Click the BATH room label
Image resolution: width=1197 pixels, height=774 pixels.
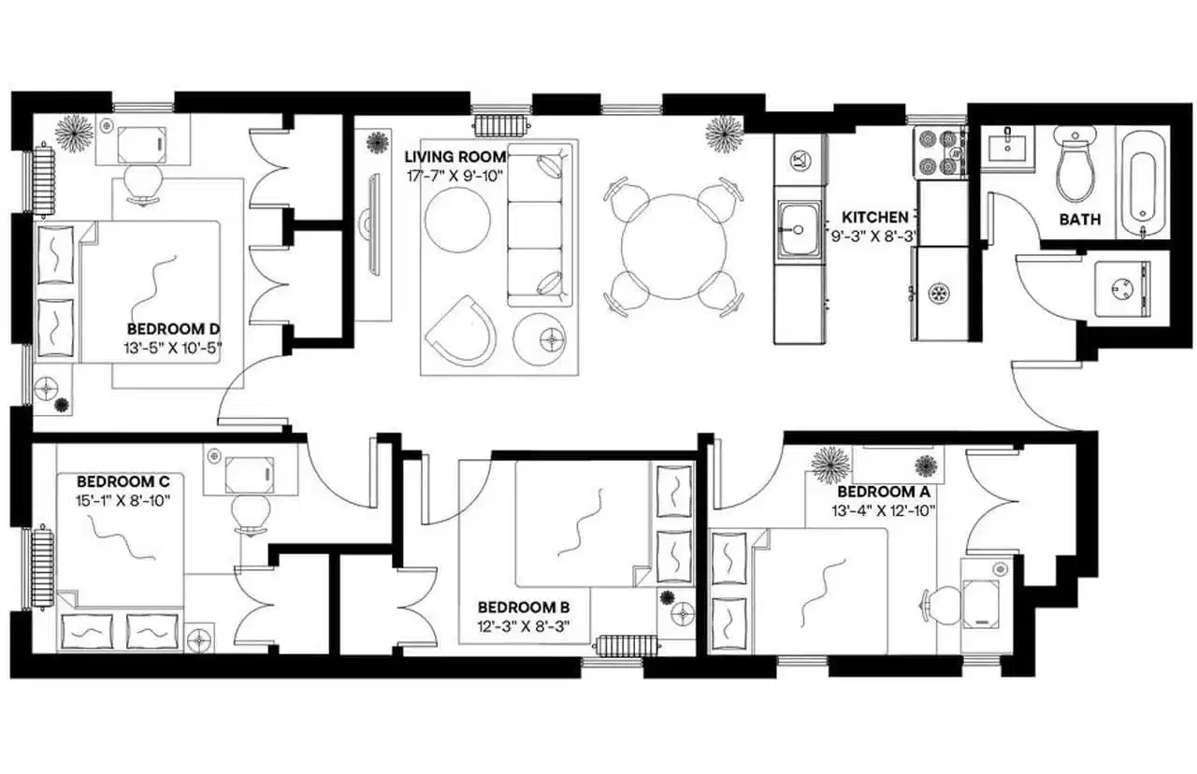point(1079,221)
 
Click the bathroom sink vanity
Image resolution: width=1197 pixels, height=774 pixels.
point(1006,150)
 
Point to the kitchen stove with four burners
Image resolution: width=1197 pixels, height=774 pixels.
point(939,152)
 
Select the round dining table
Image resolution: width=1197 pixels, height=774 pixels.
point(673,247)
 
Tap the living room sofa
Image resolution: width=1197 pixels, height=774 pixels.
point(539,224)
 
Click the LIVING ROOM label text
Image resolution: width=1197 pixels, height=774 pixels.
point(455,156)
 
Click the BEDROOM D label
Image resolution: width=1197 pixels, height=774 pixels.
point(173,329)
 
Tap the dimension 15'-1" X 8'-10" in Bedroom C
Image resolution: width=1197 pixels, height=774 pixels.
point(123,500)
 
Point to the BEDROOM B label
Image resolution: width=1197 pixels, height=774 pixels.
point(524,607)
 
